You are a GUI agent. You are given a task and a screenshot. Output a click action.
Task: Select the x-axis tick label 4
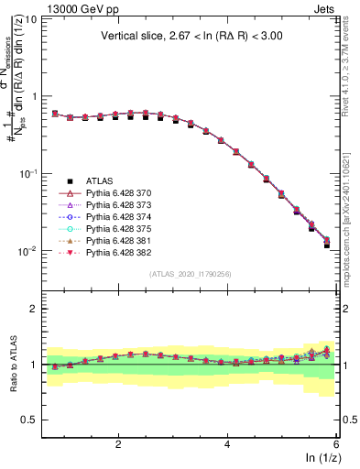coord(227,443)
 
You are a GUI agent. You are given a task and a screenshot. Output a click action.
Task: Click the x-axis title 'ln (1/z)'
coord(320,458)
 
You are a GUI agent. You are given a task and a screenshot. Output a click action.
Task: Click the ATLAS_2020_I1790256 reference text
coord(190,274)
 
